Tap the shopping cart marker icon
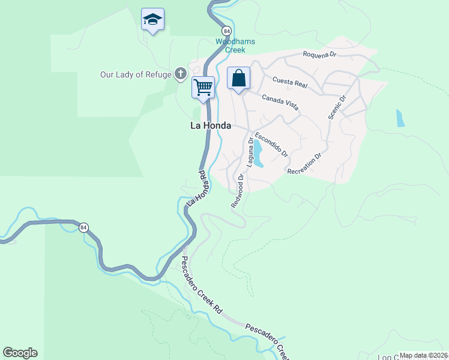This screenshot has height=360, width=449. (203, 87)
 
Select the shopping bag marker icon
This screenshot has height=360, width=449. (238, 79)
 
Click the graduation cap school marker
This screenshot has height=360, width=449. (153, 20)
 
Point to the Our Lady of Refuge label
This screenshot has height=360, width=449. (136, 74)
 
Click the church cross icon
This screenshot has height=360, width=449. (180, 74)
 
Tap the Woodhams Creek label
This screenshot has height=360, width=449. (235, 46)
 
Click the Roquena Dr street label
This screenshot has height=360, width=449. (321, 54)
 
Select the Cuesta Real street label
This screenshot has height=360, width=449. (290, 83)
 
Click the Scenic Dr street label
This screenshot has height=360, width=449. (337, 107)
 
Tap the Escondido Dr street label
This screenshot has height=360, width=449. (271, 145)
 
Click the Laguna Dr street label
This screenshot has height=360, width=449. (247, 152)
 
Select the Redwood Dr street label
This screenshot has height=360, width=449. (238, 191)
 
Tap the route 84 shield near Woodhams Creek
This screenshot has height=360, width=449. (226, 31)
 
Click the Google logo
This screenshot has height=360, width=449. (20, 353)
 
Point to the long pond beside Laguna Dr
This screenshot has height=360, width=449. (258, 154)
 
